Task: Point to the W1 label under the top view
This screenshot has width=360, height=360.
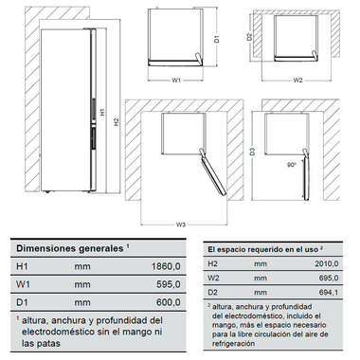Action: click(177, 81)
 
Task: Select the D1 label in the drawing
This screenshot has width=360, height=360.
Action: click(217, 41)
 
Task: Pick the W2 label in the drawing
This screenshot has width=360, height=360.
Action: click(297, 81)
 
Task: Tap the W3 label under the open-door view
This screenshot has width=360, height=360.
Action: click(180, 224)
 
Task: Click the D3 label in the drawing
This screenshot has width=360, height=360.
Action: click(253, 151)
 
